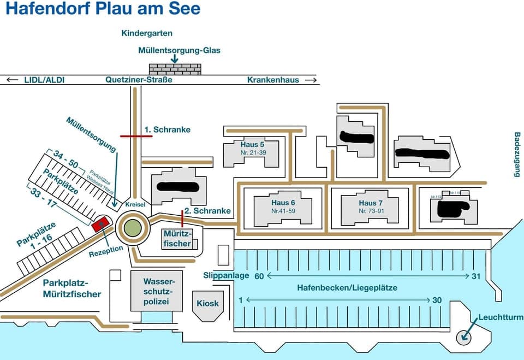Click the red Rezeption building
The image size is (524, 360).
tap(100, 224)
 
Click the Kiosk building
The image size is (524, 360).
tap(207, 303)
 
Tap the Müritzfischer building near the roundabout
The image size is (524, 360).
tap(177, 238)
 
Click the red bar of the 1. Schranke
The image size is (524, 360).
tap(136, 136)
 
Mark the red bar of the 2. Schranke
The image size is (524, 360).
tap(182, 217)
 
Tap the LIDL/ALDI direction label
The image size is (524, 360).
tap(44, 80)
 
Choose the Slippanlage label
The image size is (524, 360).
tap(226, 276)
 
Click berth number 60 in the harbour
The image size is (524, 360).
tap(259, 276)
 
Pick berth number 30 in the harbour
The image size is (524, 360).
tap(437, 300)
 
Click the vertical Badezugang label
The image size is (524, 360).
tap(517, 155)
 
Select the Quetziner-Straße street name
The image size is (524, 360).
tap(139, 80)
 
